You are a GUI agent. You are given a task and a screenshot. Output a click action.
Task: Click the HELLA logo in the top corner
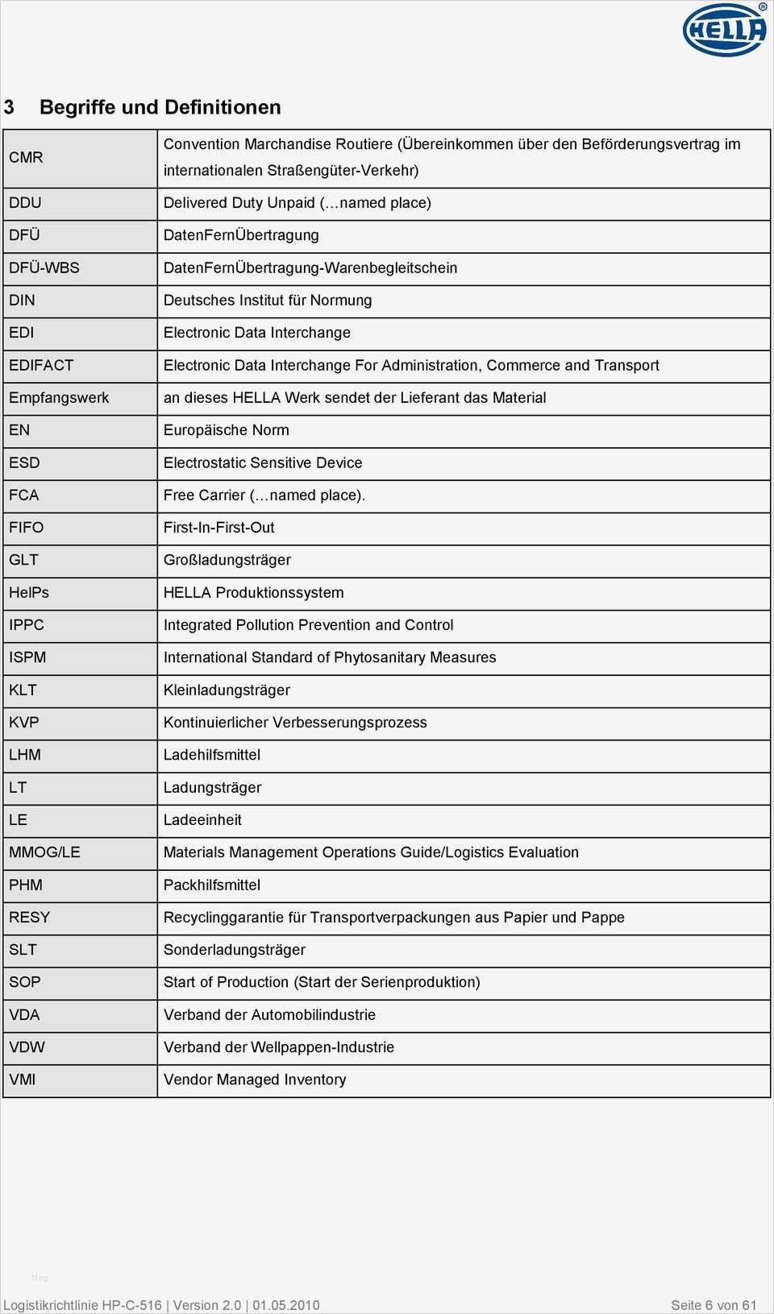(x=724, y=31)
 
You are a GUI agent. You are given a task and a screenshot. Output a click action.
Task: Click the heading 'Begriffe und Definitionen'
(x=160, y=107)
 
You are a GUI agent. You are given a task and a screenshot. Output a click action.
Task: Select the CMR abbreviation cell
(x=26, y=157)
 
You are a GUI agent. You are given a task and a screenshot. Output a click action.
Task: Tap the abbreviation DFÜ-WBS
(x=44, y=267)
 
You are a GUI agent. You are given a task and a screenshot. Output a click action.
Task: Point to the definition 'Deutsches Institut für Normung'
(x=268, y=300)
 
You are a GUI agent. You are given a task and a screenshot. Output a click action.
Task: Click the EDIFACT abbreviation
(x=41, y=365)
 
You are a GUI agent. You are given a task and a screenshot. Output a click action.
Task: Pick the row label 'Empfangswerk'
(x=59, y=397)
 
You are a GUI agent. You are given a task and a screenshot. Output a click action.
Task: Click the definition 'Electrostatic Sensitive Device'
(x=263, y=462)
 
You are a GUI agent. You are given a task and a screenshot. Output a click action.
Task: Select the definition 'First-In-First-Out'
(x=219, y=527)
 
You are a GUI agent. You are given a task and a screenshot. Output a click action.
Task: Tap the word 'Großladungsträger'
(x=227, y=560)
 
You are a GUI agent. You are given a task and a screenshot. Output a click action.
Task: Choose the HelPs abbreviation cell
(x=29, y=592)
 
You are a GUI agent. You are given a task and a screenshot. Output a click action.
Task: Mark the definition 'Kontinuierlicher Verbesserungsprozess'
(x=295, y=722)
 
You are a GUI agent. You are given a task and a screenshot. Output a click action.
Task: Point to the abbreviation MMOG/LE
(x=44, y=852)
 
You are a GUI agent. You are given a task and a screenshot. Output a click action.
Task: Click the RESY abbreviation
(x=29, y=917)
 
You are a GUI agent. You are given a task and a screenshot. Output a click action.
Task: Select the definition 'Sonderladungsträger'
(x=235, y=949)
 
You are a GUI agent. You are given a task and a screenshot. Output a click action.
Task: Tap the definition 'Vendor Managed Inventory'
(x=255, y=1080)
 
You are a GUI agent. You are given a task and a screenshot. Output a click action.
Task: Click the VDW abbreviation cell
(x=27, y=1047)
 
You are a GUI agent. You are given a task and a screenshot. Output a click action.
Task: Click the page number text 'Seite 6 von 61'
(x=714, y=1305)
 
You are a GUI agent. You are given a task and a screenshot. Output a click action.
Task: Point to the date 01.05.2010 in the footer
(x=286, y=1305)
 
